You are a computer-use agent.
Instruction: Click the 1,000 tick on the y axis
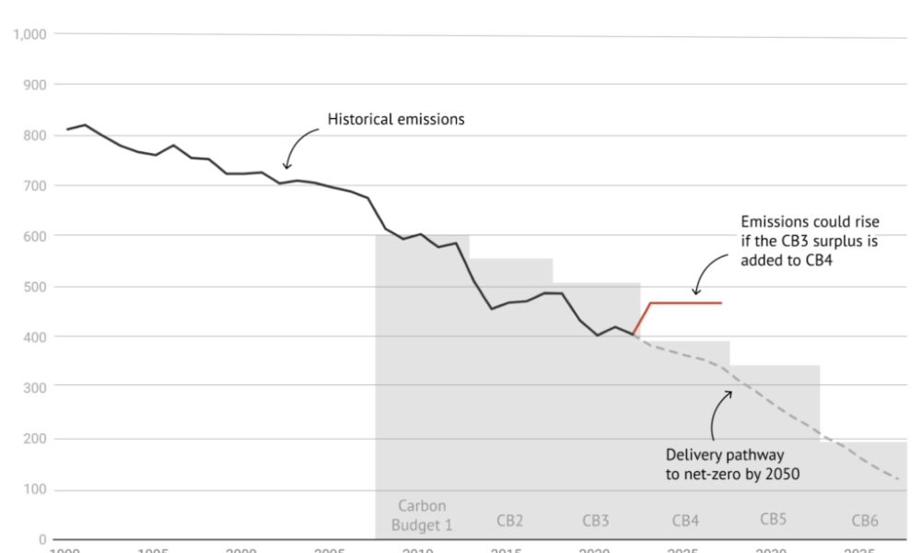[x=29, y=34]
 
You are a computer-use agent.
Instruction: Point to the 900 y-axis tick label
[x=35, y=85]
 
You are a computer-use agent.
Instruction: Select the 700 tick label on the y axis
[x=35, y=185]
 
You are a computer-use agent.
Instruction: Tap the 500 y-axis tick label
[x=35, y=287]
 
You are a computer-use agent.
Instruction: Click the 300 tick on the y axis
[x=35, y=388]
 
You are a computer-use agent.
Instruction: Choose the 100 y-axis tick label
[x=35, y=488]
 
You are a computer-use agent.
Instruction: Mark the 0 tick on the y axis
[x=42, y=539]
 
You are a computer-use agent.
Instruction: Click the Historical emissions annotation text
[x=396, y=119]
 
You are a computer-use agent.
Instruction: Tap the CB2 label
[x=509, y=521]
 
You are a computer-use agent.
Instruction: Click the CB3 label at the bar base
[x=596, y=521]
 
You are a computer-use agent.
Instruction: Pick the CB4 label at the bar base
[x=685, y=521]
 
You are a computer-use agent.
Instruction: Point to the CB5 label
[x=774, y=519]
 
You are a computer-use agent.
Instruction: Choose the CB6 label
[x=865, y=521]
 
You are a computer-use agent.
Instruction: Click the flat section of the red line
[x=686, y=302]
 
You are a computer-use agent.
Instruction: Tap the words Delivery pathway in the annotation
[x=725, y=454]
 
